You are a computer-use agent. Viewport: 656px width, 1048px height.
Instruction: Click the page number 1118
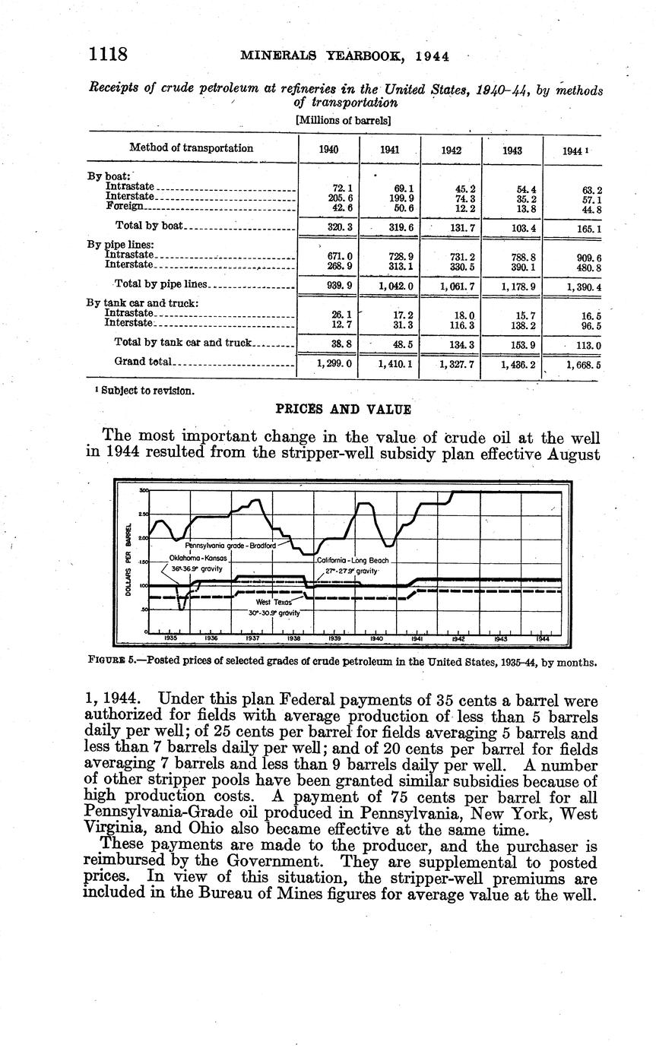107,55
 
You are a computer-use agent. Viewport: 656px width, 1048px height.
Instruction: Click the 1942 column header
451,150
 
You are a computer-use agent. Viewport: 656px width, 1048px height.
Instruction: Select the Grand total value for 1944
583,365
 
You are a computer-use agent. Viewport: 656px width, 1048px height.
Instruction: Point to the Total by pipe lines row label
160,285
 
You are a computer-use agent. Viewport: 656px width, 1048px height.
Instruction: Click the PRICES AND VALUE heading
343,410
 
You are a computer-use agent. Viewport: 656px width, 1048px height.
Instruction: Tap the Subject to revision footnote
141,391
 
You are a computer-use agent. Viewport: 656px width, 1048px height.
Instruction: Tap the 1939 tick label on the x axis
334,638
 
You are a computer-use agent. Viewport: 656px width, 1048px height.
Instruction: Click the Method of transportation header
191,148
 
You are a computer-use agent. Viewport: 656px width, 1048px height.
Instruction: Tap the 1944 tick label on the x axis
540,638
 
